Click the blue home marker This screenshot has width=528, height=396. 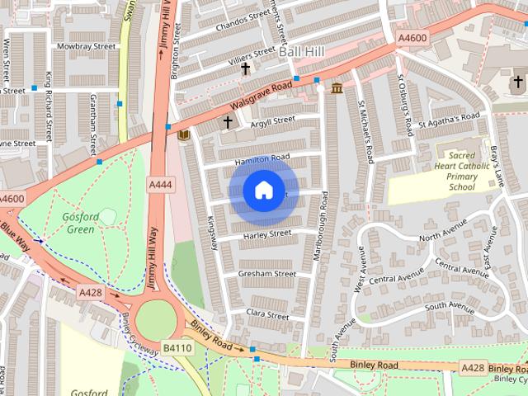tap(262, 191)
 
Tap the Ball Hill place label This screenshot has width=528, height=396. tap(302, 51)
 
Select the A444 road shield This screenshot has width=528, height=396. tap(160, 185)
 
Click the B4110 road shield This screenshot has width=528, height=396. tap(176, 349)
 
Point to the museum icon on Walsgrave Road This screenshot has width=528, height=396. tap(337, 88)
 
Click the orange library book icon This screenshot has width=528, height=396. tap(184, 134)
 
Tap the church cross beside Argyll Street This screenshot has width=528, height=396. tap(228, 123)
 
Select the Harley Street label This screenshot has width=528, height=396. tap(267, 235)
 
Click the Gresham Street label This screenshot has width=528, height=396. tap(266, 274)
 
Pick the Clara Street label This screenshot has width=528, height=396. tap(267, 315)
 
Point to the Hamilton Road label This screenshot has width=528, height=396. tap(262, 158)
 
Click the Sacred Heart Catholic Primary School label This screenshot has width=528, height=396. tap(462, 170)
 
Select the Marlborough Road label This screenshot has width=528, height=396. tap(321, 227)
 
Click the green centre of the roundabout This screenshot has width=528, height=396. tap(155, 318)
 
